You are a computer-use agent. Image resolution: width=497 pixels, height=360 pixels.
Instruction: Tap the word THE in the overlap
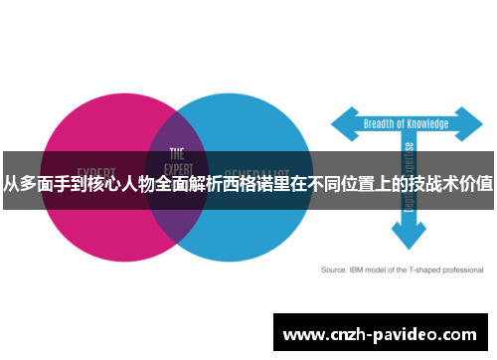pyautogui.click(x=177, y=154)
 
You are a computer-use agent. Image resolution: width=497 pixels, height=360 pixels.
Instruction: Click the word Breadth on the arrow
pyautogui.click(x=382, y=123)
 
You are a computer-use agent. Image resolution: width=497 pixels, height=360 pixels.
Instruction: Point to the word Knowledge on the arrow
pyautogui.click(x=428, y=123)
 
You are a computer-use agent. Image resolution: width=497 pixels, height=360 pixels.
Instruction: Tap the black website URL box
pyautogui.click(x=382, y=332)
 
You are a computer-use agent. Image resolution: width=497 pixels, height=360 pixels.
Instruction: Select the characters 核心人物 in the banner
pyautogui.click(x=112, y=183)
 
